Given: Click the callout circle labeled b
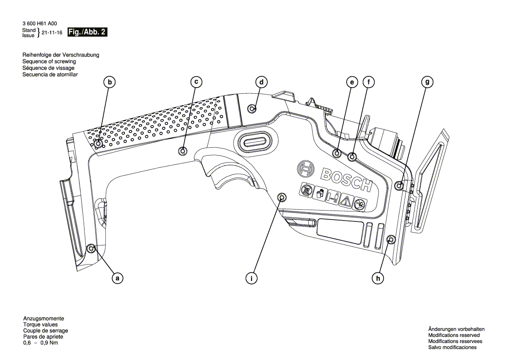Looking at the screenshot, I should click(110, 82).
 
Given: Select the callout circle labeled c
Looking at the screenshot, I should click(196, 82).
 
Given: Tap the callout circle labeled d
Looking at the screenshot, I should click(261, 82).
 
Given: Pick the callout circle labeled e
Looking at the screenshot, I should click(351, 82).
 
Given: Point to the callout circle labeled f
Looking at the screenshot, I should click(368, 82).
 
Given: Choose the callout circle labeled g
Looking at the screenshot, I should click(428, 82).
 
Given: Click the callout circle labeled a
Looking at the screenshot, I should click(117, 277).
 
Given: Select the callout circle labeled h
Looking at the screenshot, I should click(378, 277).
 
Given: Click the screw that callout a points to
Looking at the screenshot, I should click(91, 248).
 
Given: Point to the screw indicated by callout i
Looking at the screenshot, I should click(282, 198).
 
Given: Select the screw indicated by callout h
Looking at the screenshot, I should click(391, 239).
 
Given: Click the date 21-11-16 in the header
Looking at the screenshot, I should click(51, 33).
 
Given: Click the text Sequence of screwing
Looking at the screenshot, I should click(49, 62).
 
